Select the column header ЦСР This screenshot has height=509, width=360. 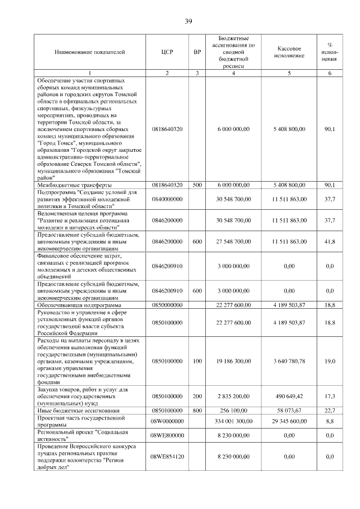(x=167, y=52)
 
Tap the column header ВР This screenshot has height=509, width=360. (x=197, y=52)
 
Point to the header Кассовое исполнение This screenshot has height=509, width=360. (x=289, y=52)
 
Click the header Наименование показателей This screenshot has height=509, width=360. (x=90, y=52)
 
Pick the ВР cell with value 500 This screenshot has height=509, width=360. (x=197, y=184)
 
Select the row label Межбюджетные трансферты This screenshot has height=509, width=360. (x=74, y=184)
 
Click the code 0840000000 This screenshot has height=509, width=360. (x=167, y=199)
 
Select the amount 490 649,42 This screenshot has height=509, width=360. (x=289, y=396)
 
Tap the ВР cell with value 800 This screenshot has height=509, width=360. (x=197, y=411)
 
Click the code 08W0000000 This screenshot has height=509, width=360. (x=167, y=421)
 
